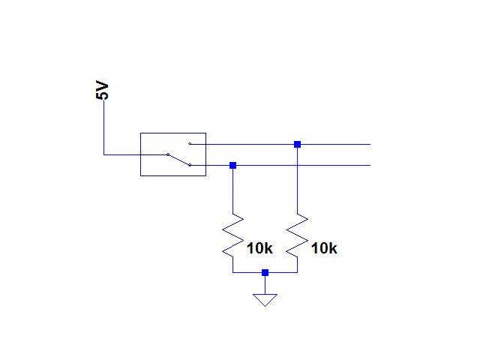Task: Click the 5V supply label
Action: pyautogui.click(x=102, y=90)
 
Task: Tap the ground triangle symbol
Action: pyautogui.click(x=265, y=298)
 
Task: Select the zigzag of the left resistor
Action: pyautogui.click(x=233, y=235)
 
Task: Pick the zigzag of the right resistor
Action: pyautogui.click(x=297, y=235)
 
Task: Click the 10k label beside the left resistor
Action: pyautogui.click(x=259, y=248)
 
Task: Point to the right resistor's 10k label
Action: pyautogui.click(x=324, y=248)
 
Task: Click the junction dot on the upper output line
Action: pyautogui.click(x=297, y=144)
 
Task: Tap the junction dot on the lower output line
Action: pyautogui.click(x=233, y=165)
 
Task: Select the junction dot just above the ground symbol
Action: pyautogui.click(x=265, y=272)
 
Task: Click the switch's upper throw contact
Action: pyautogui.click(x=190, y=143)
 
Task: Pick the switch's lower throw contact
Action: pyautogui.click(x=190, y=165)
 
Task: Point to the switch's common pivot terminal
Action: pyautogui.click(x=168, y=154)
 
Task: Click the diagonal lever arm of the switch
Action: pyautogui.click(x=178, y=160)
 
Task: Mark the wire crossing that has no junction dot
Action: pyautogui.click(x=297, y=165)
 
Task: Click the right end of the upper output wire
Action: pyautogui.click(x=370, y=144)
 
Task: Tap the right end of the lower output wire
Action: pyautogui.click(x=370, y=165)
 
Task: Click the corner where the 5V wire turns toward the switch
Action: pyautogui.click(x=103, y=154)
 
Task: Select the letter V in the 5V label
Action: pyautogui.click(x=102, y=86)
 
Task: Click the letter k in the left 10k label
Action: pyautogui.click(x=268, y=248)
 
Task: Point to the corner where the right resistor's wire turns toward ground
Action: pyautogui.click(x=297, y=272)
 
